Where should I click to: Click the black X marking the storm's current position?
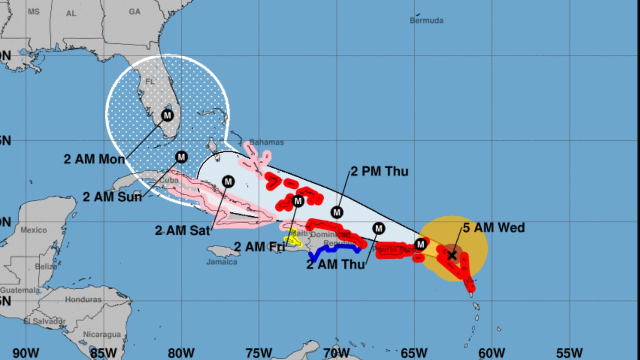[452, 255]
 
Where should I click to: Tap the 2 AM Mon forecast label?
[94, 159]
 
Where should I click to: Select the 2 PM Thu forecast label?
[380, 171]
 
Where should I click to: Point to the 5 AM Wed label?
[494, 228]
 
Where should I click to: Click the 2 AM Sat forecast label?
[182, 230]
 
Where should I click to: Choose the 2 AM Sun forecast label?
[112, 197]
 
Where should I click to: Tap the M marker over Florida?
[167, 116]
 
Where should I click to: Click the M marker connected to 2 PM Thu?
[337, 212]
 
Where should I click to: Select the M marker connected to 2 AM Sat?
[228, 182]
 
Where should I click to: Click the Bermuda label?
[426, 20]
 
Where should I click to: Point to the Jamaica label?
[222, 262]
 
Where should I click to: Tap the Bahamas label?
[267, 142]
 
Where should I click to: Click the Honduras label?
[83, 300]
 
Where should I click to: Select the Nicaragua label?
[102, 334]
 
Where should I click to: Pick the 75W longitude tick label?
[259, 353]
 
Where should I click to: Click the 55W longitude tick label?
[569, 353]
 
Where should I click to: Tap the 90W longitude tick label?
[26, 353]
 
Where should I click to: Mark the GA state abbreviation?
[134, 12]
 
